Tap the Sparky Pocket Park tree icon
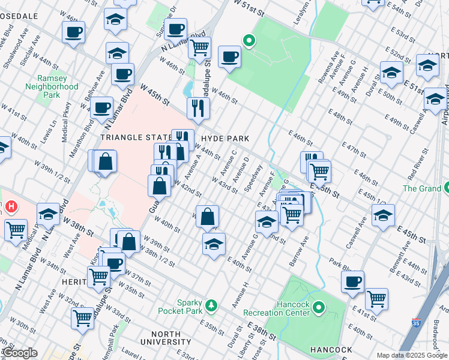[x=211, y=306]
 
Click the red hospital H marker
[x=11, y=208]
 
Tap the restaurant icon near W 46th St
[x=197, y=109]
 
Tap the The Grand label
[x=421, y=188]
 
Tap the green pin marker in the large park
[x=248, y=41]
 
